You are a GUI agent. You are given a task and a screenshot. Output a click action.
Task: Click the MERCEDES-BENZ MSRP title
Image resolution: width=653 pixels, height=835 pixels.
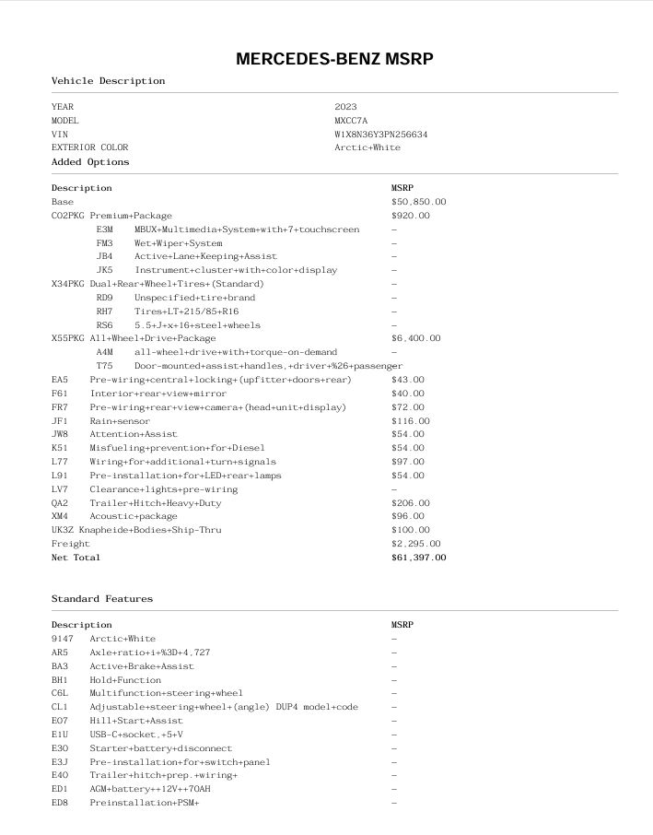pos(334,59)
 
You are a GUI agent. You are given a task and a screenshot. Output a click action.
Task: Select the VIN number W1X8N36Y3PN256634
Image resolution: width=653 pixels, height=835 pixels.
pos(380,134)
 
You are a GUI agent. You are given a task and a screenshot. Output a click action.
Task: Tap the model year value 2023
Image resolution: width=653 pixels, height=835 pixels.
pos(345,107)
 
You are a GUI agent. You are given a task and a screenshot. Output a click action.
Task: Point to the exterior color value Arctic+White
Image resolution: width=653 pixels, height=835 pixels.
pos(367,147)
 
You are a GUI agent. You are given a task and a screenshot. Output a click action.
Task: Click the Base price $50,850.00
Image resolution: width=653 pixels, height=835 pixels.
pos(418,202)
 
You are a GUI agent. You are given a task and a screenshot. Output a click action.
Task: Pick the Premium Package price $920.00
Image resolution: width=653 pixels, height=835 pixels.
pos(410,216)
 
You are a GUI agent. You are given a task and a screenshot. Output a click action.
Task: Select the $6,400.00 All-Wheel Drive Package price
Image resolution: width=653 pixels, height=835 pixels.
pos(415,338)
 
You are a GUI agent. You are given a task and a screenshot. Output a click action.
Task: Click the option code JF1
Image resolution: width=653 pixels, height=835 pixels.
pos(60,421)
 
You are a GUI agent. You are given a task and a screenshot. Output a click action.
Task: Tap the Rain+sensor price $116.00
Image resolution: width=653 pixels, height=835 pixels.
pos(410,421)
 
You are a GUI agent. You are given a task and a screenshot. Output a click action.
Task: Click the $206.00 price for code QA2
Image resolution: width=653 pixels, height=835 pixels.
pos(410,503)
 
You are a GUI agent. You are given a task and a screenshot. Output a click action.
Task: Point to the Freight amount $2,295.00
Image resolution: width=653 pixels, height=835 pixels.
pos(415,544)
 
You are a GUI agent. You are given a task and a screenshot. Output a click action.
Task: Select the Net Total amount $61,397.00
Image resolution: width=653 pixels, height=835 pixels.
pos(418,558)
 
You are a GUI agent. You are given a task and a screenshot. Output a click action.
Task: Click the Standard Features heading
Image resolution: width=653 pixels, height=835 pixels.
pos(102,599)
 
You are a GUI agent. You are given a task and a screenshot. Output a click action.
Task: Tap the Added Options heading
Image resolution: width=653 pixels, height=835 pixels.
pos(90,162)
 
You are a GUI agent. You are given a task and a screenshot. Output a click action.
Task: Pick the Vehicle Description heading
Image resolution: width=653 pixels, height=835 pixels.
pos(108,81)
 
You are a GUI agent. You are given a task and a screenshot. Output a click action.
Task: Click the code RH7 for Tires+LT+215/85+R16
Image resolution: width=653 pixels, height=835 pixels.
pos(104,312)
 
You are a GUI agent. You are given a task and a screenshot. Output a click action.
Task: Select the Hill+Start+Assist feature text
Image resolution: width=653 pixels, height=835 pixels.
pos(136,721)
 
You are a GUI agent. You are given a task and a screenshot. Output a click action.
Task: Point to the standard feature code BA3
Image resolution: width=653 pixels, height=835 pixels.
pos(60,666)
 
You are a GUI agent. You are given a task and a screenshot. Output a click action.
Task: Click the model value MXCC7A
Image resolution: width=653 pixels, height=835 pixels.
pos(351,121)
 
